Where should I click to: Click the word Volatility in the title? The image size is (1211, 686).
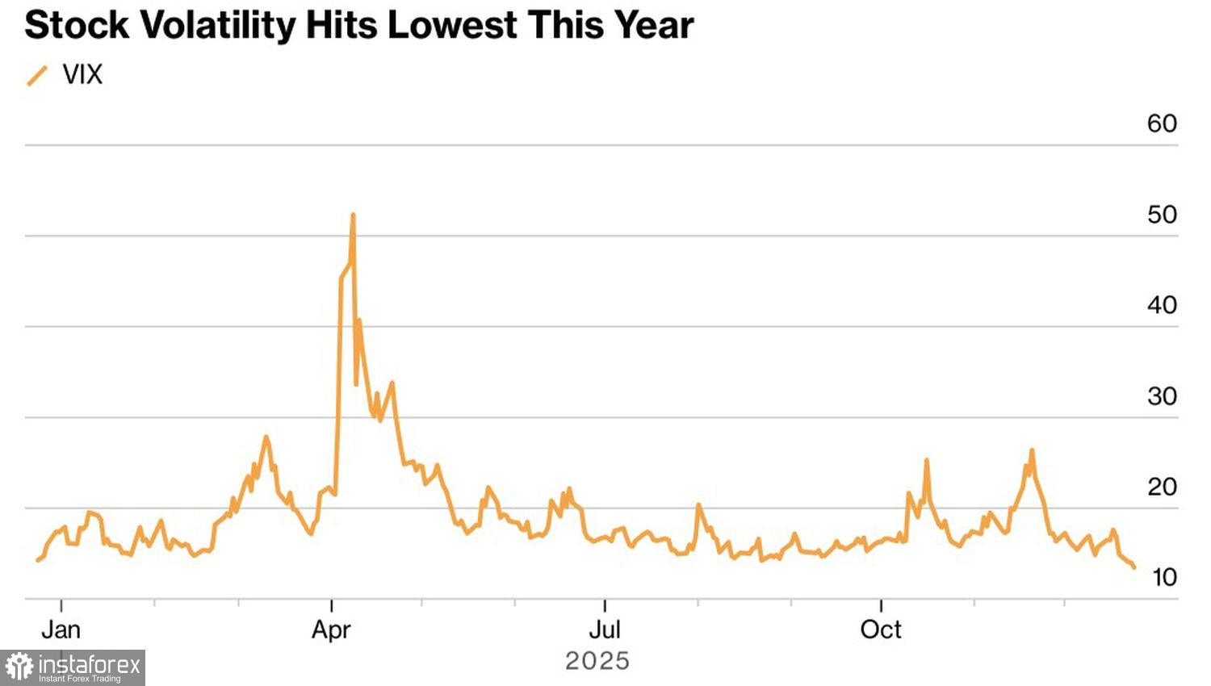point(218,25)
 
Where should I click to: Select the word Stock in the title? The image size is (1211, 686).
point(77,25)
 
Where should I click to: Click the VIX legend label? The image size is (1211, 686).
point(82,75)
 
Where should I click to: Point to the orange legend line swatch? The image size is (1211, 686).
point(37,76)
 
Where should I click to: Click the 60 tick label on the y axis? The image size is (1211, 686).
point(1162,123)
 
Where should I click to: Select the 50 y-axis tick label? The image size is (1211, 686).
point(1162,215)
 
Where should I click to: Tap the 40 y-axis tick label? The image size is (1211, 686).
point(1162,305)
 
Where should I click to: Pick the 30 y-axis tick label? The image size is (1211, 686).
point(1162,396)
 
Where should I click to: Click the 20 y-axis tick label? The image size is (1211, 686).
point(1162,487)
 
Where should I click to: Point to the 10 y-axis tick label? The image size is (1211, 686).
point(1164,577)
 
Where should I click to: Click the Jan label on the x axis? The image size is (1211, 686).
point(61,630)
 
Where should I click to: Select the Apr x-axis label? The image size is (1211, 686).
point(331,630)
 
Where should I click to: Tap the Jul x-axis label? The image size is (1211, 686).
point(605,630)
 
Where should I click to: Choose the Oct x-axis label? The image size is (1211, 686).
point(881,630)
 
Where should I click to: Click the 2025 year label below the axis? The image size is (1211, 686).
point(597,661)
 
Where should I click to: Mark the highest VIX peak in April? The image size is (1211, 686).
point(353,215)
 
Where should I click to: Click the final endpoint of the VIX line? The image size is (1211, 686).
point(1134,567)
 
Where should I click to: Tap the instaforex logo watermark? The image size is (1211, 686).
point(73,667)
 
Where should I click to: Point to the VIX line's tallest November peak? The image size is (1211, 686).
point(1032,450)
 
